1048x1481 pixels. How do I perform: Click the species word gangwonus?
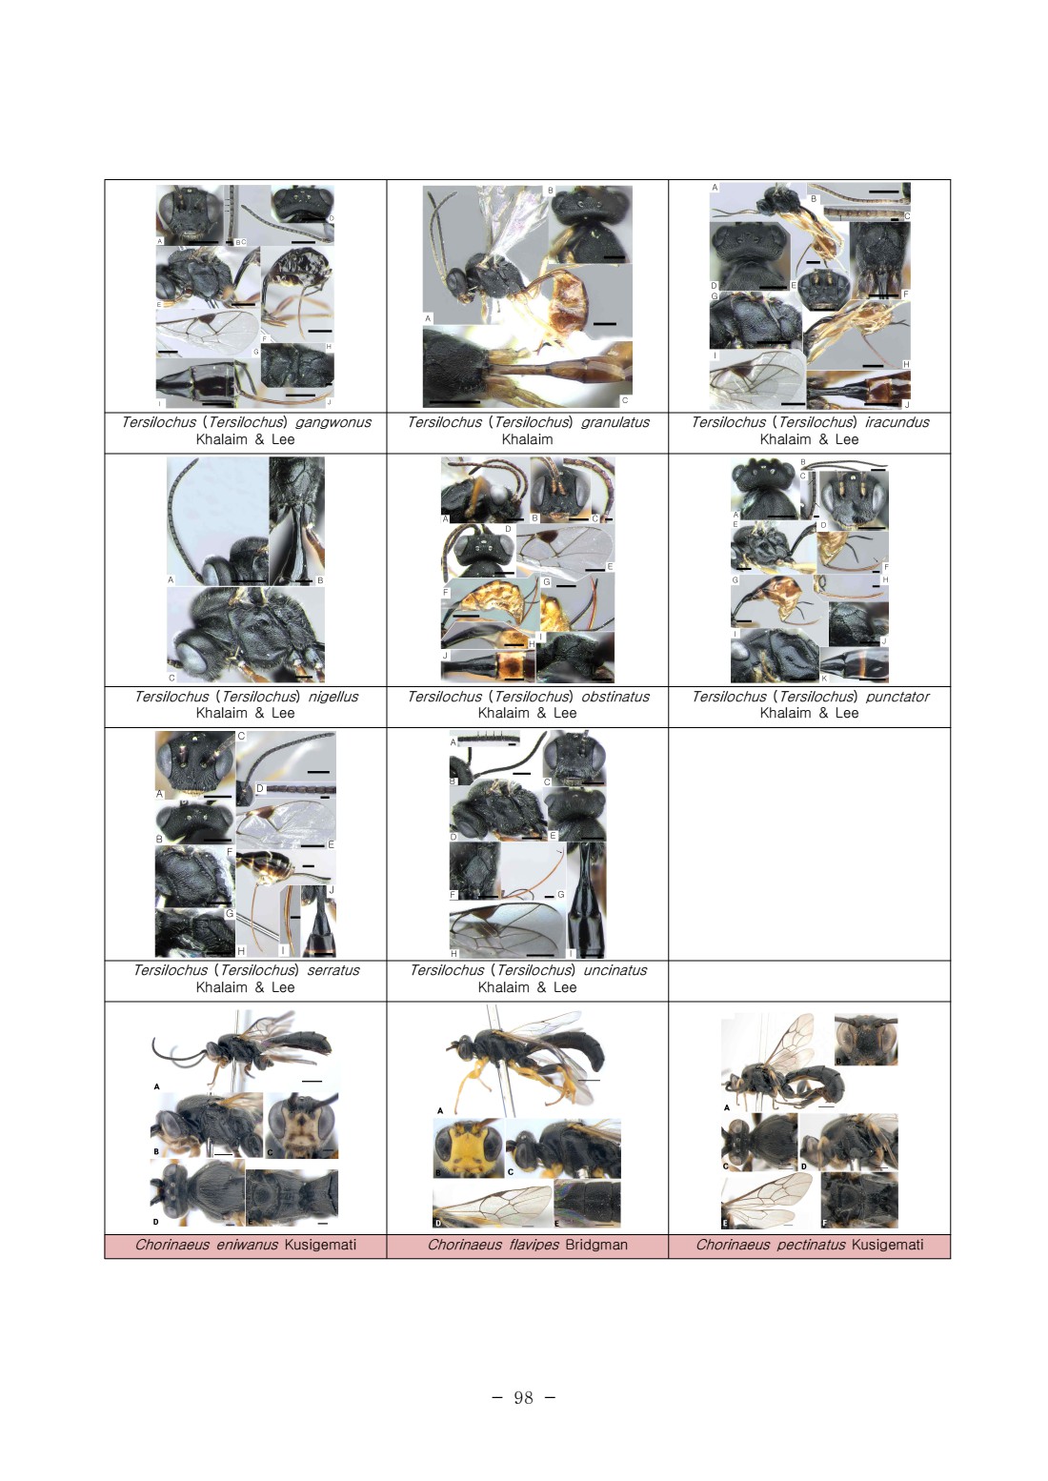333,422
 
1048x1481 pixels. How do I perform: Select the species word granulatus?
615,422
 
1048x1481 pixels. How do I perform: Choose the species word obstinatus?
615,697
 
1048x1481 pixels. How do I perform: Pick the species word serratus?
333,970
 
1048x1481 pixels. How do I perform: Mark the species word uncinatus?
615,970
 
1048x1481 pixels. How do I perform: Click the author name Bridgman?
596,1245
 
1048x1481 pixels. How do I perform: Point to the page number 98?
523,1397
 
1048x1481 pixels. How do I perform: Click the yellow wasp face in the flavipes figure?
468,1147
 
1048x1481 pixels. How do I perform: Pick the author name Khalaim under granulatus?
527,439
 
